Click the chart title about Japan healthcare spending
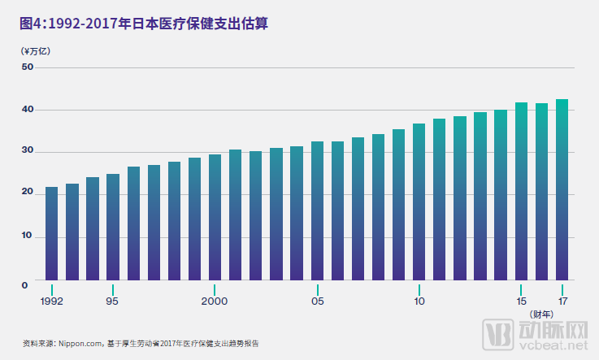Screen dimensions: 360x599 click(x=144, y=24)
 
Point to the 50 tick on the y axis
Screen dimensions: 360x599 click(x=27, y=67)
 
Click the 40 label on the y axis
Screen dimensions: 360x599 click(x=27, y=110)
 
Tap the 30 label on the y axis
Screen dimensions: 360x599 click(x=27, y=152)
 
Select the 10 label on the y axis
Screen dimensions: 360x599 click(x=27, y=236)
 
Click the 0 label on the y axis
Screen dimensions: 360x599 click(x=25, y=284)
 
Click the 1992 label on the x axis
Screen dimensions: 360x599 click(x=52, y=301)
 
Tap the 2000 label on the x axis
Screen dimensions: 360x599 click(x=215, y=301)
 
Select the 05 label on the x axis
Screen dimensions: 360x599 click(x=317, y=301)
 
